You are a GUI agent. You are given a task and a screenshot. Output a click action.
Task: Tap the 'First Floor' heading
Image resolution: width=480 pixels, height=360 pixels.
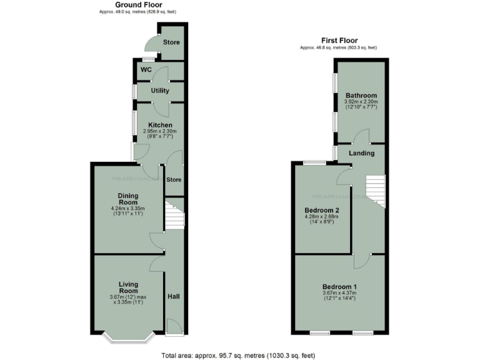tap(339, 41)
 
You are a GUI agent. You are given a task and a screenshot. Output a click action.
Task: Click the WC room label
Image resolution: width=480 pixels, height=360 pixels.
tap(146, 69)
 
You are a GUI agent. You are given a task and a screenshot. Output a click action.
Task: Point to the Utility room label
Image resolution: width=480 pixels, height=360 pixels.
tap(159, 91)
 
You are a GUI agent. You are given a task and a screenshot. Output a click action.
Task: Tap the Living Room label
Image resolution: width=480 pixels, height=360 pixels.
tap(127, 287)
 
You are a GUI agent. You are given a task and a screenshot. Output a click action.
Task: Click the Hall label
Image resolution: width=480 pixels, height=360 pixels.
tap(174, 296)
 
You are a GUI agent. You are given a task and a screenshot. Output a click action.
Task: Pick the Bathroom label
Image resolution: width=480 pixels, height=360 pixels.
tap(361, 95)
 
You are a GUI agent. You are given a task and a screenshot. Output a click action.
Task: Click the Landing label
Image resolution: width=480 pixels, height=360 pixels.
tap(361, 153)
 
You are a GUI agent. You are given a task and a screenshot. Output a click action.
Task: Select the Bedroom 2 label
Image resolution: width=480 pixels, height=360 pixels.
tap(322, 210)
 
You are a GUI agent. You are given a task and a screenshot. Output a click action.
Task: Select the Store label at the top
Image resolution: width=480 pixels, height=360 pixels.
tap(171, 42)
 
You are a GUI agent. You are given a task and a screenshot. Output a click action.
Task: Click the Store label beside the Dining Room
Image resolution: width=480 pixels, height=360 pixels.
tap(174, 180)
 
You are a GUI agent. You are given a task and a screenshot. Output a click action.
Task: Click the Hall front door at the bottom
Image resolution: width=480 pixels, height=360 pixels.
tap(173, 326)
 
